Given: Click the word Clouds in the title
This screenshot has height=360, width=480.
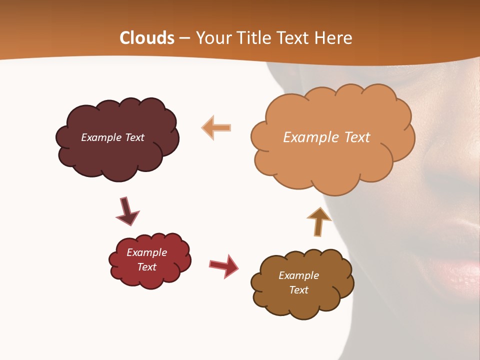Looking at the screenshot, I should tap(147, 38).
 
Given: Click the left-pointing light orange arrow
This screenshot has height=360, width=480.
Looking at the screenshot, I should tap(217, 128).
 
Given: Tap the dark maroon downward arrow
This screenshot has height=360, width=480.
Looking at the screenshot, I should tap(127, 211).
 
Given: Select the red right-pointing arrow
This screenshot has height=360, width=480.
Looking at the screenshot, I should tap(224, 266).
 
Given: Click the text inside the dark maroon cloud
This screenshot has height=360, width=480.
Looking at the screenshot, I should tap(112, 137).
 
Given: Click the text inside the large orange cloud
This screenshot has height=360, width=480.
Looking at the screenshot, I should tap(326, 137).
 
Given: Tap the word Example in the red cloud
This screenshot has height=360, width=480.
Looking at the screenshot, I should tap(146, 252).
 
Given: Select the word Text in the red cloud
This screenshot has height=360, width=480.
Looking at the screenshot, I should tap(146, 267).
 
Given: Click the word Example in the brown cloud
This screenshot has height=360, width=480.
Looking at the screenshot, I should tap(298, 275).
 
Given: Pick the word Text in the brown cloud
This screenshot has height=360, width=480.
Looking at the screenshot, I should tap(298, 290).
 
